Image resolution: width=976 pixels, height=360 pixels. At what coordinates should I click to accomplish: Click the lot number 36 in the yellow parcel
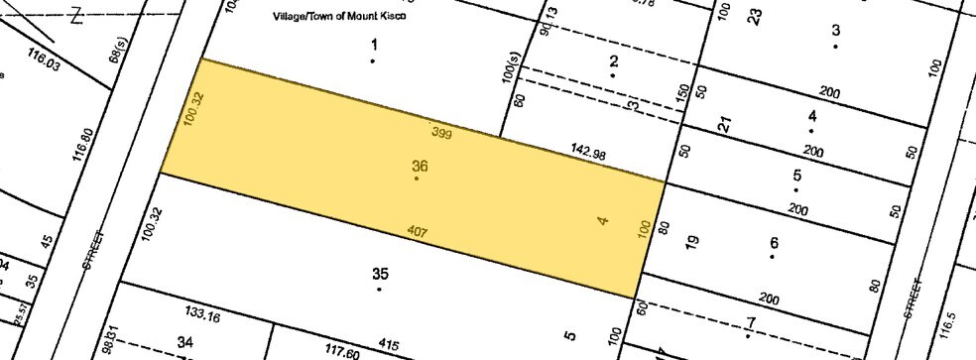click(420, 167)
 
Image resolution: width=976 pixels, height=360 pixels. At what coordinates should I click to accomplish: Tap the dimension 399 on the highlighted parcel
click(442, 132)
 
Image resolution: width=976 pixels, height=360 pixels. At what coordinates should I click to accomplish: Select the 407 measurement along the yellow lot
click(418, 232)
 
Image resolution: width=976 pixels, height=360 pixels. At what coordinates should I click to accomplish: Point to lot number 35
click(379, 274)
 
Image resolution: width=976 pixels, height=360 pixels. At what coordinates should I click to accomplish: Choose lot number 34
click(184, 342)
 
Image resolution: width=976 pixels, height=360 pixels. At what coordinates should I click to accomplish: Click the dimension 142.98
click(587, 153)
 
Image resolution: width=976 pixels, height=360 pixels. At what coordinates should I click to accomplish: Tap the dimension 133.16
click(201, 315)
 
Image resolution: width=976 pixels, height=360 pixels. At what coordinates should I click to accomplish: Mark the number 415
click(388, 345)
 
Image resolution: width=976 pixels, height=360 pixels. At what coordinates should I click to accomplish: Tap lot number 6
click(774, 243)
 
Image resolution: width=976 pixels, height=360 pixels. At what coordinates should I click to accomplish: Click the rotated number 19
click(692, 239)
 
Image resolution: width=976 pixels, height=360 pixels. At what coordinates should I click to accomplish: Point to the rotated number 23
click(755, 16)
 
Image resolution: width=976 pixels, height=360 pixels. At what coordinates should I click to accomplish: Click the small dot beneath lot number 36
click(416, 179)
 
